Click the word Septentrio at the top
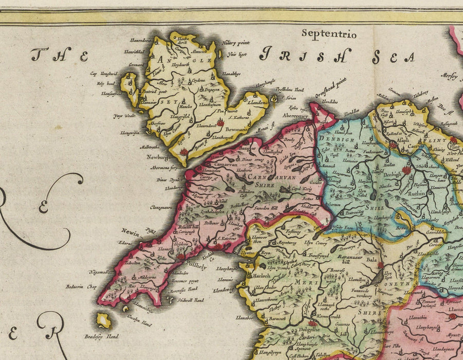tap(329, 34)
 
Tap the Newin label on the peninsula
tap(131, 232)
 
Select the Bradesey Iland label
tap(101, 337)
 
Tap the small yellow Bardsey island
tap(104, 320)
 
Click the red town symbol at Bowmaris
tap(220, 123)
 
